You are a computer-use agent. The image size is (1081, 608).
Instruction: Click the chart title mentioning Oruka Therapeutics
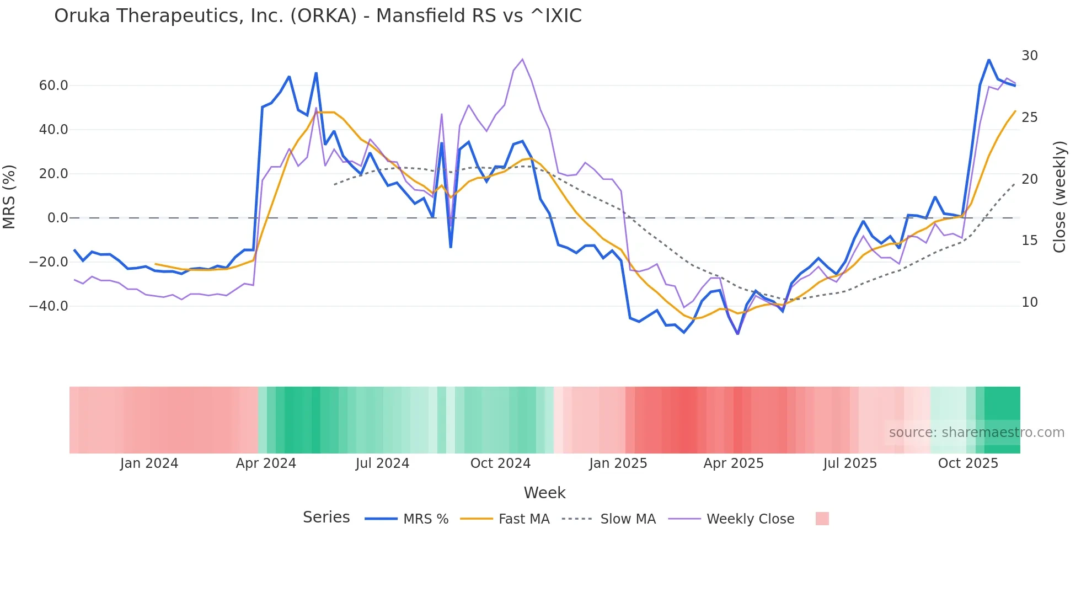pos(318,16)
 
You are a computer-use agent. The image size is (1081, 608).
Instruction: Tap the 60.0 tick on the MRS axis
pos(53,86)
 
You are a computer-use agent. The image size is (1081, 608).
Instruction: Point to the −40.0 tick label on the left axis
pos(49,306)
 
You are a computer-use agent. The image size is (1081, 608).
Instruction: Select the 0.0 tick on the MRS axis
pos(58,218)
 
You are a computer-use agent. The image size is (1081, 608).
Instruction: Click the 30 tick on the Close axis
pos(1029,56)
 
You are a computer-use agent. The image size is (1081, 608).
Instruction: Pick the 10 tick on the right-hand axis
pos(1029,302)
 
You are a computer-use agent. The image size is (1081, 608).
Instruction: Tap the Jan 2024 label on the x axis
pos(149,463)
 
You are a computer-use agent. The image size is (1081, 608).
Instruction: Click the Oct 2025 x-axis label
pos(968,463)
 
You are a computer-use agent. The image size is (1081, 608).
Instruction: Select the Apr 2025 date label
pos(734,463)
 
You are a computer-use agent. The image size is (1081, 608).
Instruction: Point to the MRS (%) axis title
pos(9,196)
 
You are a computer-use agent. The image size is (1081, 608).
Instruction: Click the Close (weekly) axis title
pos(1059,196)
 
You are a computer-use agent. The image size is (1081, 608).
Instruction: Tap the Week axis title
pos(544,493)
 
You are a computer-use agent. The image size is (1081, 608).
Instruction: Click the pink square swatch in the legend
pos(822,519)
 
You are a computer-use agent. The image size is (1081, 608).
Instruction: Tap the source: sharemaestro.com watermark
pos(976,433)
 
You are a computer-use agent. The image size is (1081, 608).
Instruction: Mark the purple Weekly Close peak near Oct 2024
pos(522,60)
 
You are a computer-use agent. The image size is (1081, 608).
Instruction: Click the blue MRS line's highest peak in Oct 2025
pos(989,60)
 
